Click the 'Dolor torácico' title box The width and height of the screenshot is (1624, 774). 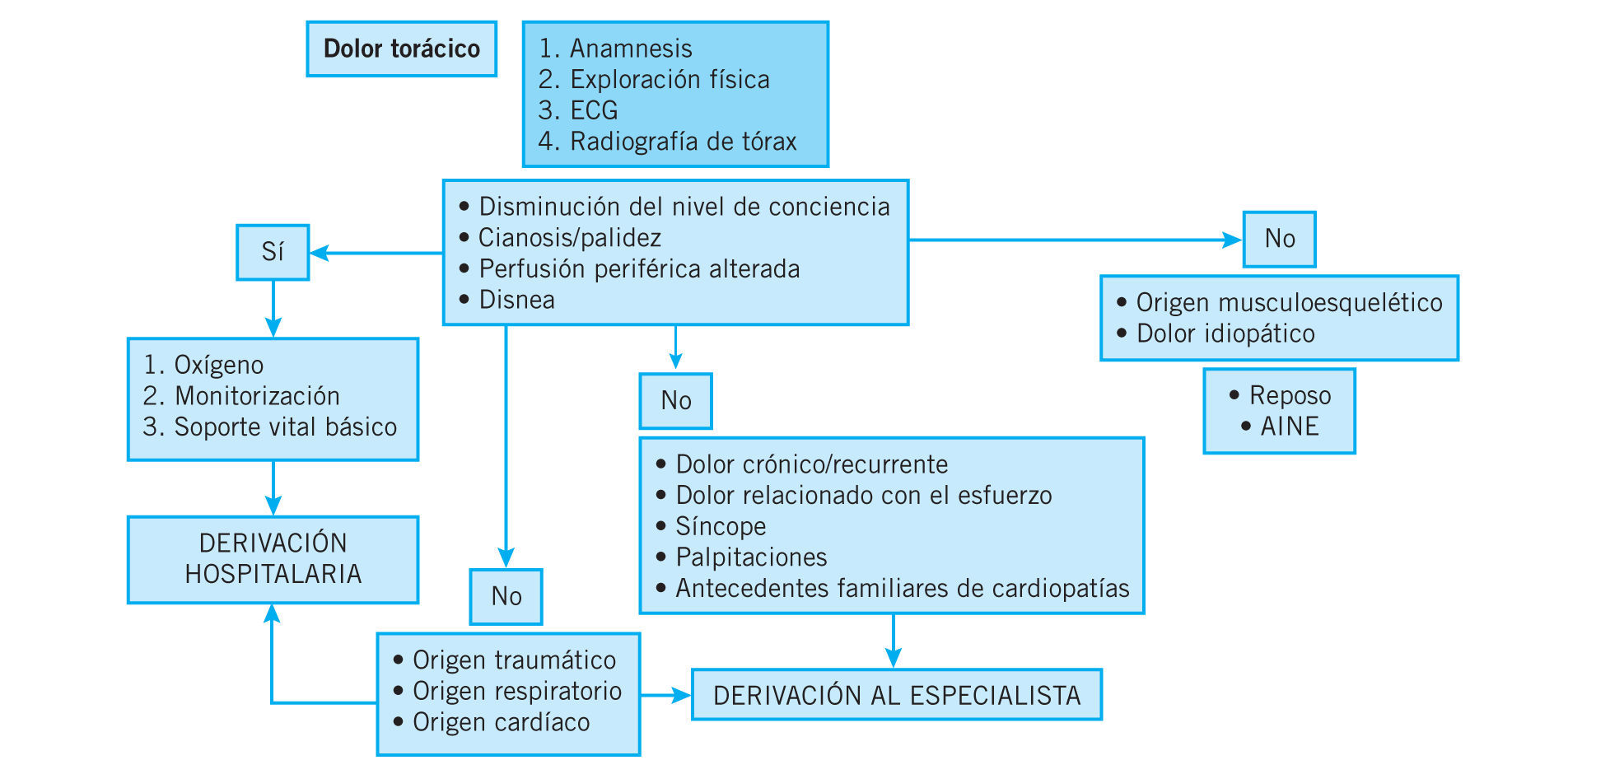pyautogui.click(x=401, y=49)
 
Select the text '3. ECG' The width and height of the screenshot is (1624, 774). pyautogui.click(x=578, y=110)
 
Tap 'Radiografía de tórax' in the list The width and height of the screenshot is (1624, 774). pyautogui.click(x=683, y=142)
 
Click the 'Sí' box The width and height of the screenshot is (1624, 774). pyautogui.click(x=273, y=252)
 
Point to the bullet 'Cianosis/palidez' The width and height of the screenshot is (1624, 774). pyautogui.click(x=569, y=238)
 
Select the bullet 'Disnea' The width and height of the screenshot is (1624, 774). pyautogui.click(x=516, y=300)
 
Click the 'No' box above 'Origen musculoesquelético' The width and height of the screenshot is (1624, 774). pyautogui.click(x=1279, y=239)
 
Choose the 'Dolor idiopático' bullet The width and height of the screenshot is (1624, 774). pyautogui.click(x=1225, y=333)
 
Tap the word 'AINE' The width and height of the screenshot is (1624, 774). pyautogui.click(x=1289, y=427)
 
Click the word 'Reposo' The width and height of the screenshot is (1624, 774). pyautogui.click(x=1290, y=395)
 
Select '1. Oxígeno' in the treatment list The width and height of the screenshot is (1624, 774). pyautogui.click(x=203, y=365)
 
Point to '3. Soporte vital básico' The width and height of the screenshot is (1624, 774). pyautogui.click(x=270, y=427)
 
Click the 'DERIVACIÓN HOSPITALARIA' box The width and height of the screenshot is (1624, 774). pyautogui.click(x=273, y=559)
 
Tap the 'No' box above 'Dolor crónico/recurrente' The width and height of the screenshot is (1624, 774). pyautogui.click(x=675, y=401)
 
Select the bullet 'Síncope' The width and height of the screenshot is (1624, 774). pyautogui.click(x=720, y=526)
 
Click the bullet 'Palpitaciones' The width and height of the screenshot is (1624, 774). pyautogui.click(x=750, y=557)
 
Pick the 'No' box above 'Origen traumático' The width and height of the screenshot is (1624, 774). pyautogui.click(x=506, y=596)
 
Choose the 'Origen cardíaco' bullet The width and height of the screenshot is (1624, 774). pyautogui.click(x=501, y=722)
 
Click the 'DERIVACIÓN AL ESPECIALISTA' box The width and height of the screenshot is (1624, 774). pyautogui.click(x=896, y=696)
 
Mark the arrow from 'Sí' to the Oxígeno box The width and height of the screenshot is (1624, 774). pyautogui.click(x=273, y=309)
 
